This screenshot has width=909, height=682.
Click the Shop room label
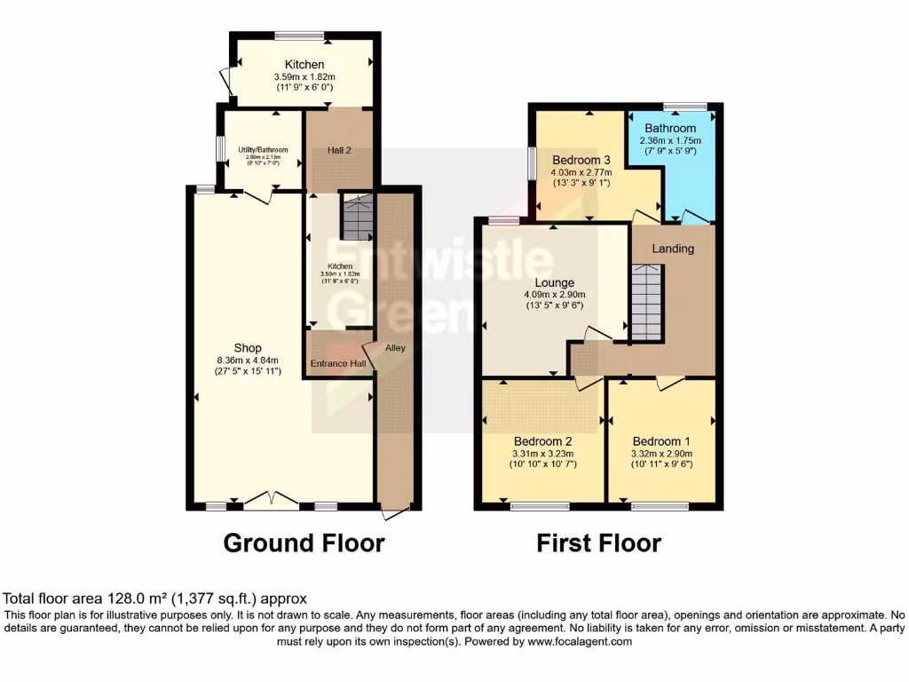(x=248, y=347)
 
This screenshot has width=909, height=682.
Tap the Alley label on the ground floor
(x=395, y=347)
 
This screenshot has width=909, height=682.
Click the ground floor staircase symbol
(x=358, y=218)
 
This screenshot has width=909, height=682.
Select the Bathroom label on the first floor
(x=672, y=128)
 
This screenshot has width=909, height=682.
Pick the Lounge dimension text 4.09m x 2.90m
(x=554, y=295)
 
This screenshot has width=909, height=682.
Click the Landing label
(x=672, y=249)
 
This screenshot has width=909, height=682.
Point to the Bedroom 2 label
(x=542, y=441)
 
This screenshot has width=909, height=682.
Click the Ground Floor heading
(x=304, y=543)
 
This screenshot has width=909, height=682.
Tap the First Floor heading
(x=599, y=543)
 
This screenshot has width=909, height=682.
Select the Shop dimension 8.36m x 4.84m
(x=248, y=360)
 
